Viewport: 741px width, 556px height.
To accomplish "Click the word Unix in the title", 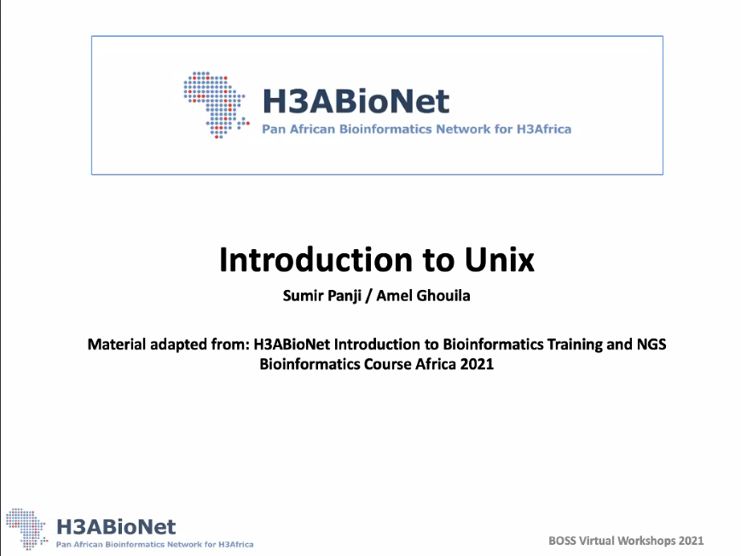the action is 500,259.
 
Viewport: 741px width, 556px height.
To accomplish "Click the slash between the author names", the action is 368,297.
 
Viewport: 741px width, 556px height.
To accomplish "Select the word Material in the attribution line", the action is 117,345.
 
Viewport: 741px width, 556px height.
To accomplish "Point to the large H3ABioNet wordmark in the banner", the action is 356,101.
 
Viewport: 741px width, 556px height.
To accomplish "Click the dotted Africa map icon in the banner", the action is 217,105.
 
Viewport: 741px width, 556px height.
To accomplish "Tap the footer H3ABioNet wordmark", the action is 116,527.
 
